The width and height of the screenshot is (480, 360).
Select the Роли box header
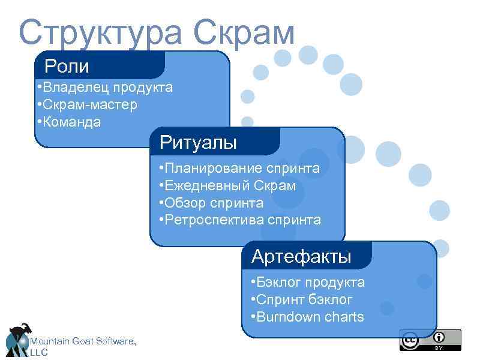pyautogui.click(x=67, y=65)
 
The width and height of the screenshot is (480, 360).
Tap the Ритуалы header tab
pyautogui.click(x=198, y=143)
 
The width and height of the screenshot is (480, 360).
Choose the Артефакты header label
pyautogui.click(x=301, y=256)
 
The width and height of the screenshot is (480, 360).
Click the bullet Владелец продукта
pyautogui.click(x=104, y=88)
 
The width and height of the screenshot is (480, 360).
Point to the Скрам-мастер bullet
pyautogui.click(x=87, y=105)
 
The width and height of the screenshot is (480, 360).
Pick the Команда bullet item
pyautogui.click(x=68, y=122)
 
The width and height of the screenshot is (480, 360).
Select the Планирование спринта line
pyautogui.click(x=239, y=168)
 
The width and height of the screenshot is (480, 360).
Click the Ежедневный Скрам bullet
pyautogui.click(x=227, y=185)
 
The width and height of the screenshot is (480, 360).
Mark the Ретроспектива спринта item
pyautogui.click(x=240, y=220)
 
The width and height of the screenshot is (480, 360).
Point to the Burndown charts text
pyautogui.click(x=307, y=317)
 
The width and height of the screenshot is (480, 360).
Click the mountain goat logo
pyautogui.click(x=17, y=339)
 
